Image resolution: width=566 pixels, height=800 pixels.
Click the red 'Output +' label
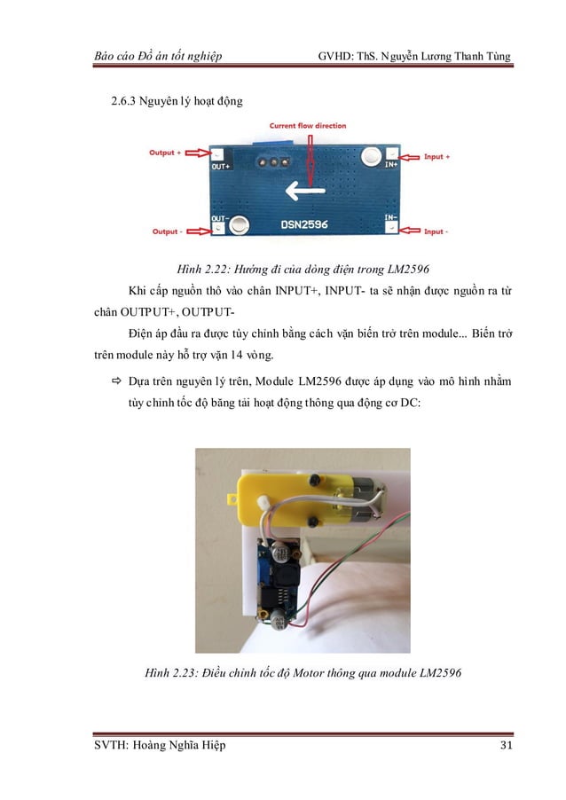[165, 153]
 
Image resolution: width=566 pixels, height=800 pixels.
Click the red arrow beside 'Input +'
[405, 156]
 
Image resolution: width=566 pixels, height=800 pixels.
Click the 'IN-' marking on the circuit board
[389, 216]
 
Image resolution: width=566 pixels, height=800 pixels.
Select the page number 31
[507, 745]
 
